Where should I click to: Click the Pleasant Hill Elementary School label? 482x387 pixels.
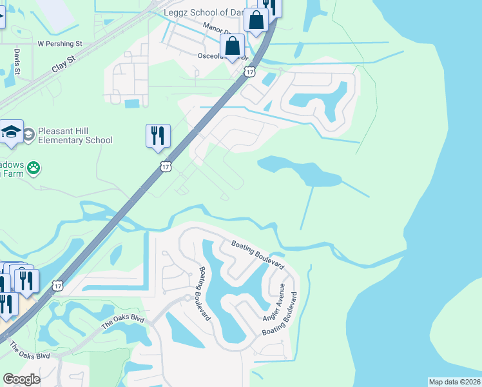(x=75, y=135)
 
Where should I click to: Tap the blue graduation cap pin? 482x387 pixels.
(x=11, y=132)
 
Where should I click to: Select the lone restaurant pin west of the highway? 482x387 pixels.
(x=158, y=136)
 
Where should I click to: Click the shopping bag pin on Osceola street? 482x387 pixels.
(x=232, y=46)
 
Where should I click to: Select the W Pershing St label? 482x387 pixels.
(x=61, y=44)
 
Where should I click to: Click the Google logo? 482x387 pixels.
(x=22, y=379)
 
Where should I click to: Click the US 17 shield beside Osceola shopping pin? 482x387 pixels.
(x=249, y=72)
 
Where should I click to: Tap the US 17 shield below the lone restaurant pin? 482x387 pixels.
(x=166, y=166)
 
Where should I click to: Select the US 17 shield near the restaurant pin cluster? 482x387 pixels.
(x=58, y=286)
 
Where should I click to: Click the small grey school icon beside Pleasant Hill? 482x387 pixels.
(x=29, y=134)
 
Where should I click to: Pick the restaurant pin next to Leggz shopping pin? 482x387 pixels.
(x=270, y=6)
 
